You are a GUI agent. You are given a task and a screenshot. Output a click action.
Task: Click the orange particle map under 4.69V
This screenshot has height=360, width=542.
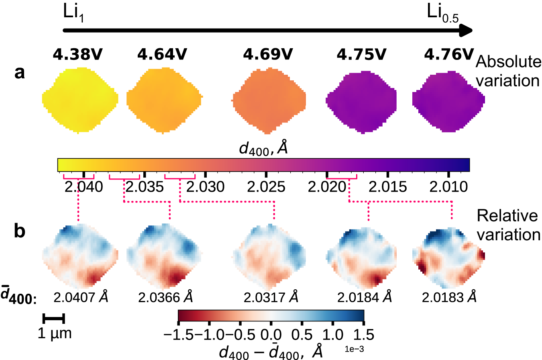point(268,100)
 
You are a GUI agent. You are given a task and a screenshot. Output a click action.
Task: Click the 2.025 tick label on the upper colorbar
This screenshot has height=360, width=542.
point(267,187)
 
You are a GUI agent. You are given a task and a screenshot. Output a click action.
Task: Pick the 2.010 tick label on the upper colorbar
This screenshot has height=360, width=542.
point(449,187)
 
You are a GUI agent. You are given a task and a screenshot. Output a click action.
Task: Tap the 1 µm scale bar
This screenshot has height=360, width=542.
point(53,319)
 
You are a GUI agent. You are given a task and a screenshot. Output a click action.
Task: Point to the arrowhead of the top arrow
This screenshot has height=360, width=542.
point(467,30)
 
